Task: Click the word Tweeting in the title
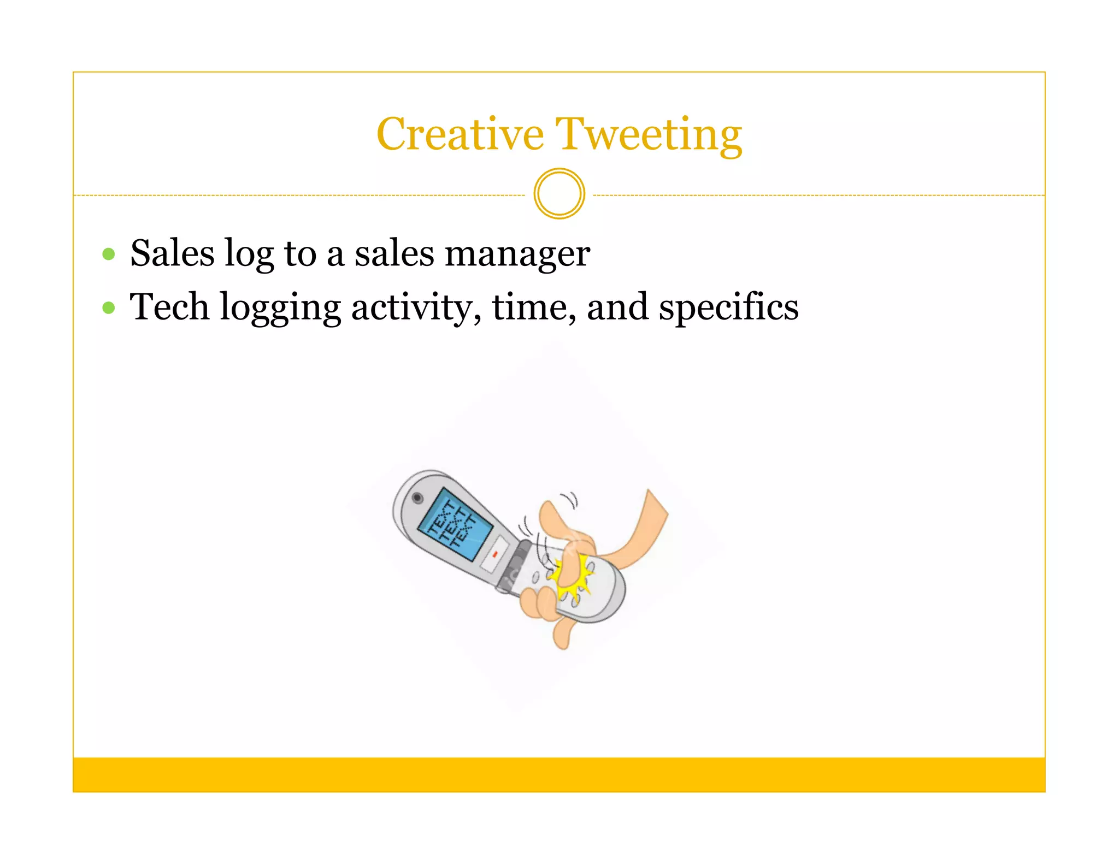pyautogui.click(x=649, y=135)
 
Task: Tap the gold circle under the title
pyautogui.click(x=559, y=194)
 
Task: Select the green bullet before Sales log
pyautogui.click(x=109, y=254)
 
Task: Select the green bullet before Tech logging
pyautogui.click(x=109, y=307)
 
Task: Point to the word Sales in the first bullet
pyautogui.click(x=172, y=253)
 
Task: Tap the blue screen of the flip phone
pyautogui.click(x=455, y=524)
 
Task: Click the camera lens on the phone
pyautogui.click(x=417, y=498)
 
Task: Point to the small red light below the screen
pyautogui.click(x=495, y=554)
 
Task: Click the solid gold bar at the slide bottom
pyautogui.click(x=559, y=774)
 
